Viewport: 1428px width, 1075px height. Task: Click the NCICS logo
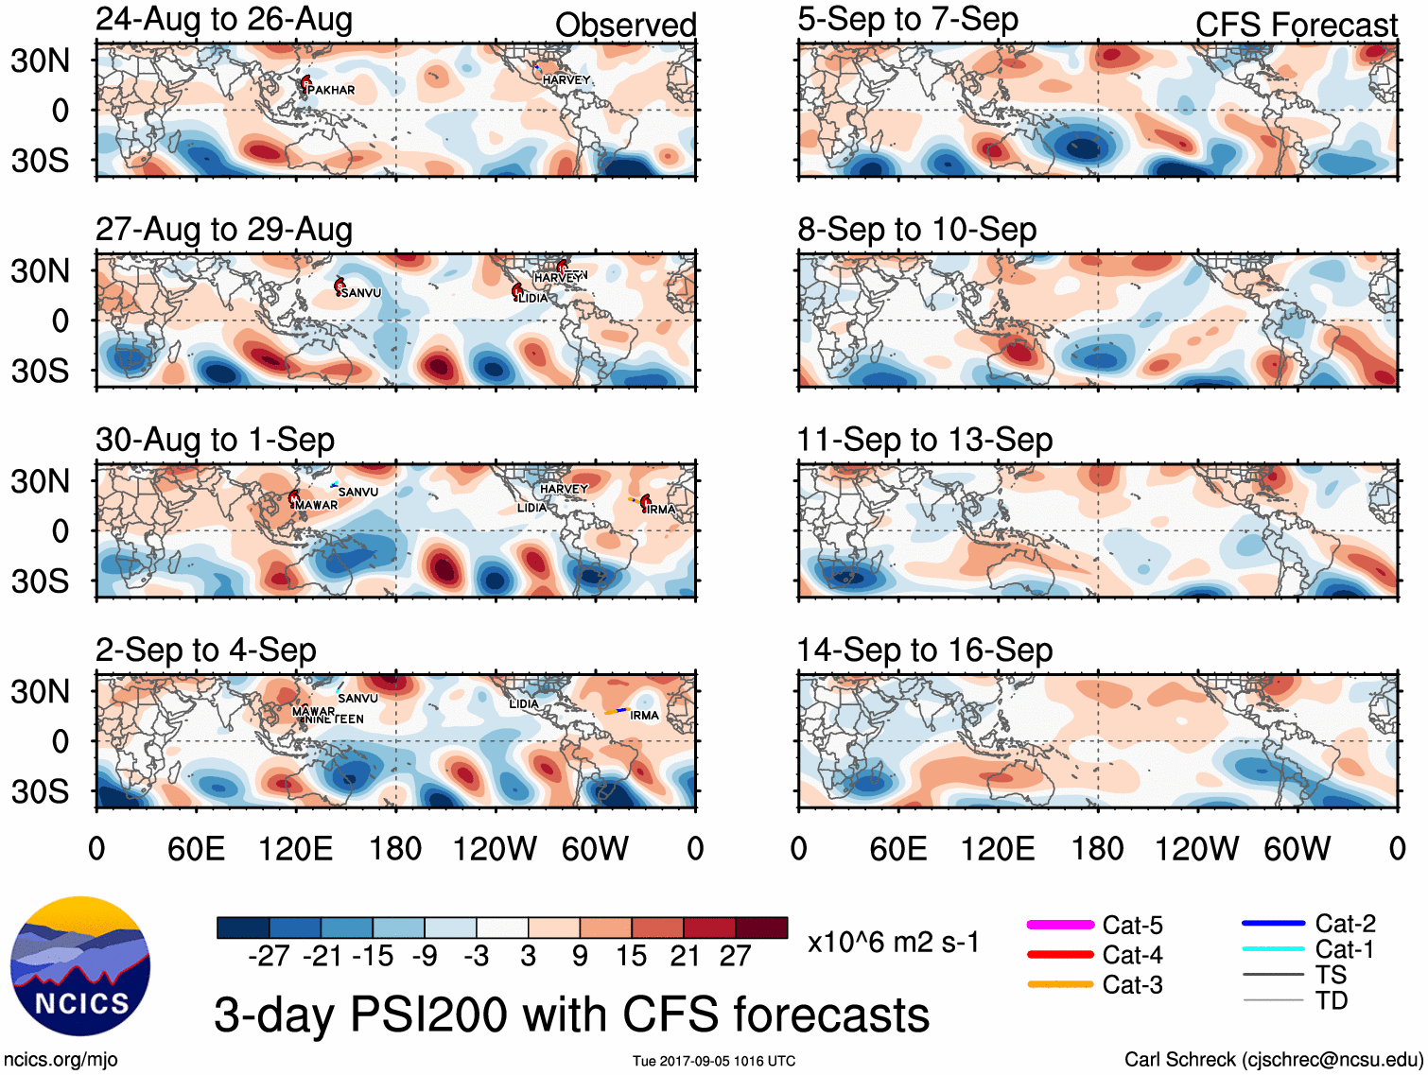(80, 965)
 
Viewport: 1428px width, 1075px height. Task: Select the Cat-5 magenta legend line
(1060, 925)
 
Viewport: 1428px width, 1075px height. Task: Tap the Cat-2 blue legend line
(1273, 923)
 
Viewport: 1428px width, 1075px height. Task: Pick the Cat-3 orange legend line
(1060, 984)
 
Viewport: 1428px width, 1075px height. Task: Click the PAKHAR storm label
(332, 91)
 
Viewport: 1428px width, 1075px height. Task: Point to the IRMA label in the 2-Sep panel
(644, 716)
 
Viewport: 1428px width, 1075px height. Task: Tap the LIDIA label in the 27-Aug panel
(532, 299)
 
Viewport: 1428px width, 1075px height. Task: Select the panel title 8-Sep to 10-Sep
(916, 230)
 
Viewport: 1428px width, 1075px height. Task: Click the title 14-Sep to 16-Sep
(924, 650)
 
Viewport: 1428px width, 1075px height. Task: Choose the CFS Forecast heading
(1296, 26)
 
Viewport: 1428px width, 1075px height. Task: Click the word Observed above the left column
(625, 26)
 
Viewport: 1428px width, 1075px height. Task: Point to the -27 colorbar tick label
(269, 957)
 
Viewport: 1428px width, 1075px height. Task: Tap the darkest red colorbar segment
(761, 928)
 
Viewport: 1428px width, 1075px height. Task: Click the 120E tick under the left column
(295, 849)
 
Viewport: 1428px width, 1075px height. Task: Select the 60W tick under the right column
(1297, 849)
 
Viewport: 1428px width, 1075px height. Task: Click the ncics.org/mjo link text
(61, 1060)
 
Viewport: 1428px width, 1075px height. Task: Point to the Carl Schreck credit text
(1273, 1060)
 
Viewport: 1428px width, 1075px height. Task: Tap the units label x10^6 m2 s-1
(893, 943)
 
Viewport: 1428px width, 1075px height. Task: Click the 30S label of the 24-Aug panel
(41, 161)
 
